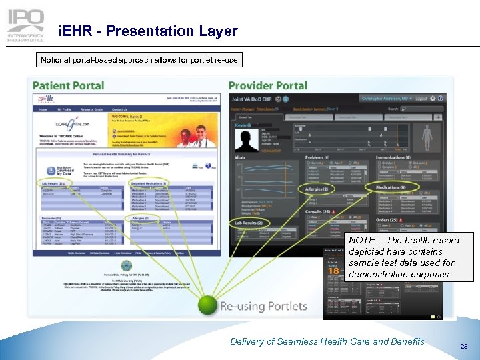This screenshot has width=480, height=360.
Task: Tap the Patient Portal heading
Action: (x=69, y=85)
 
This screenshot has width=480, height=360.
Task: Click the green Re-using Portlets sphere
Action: (x=208, y=305)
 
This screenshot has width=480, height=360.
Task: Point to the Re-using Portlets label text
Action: (x=264, y=306)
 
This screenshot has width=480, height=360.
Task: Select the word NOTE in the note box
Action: (x=361, y=240)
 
